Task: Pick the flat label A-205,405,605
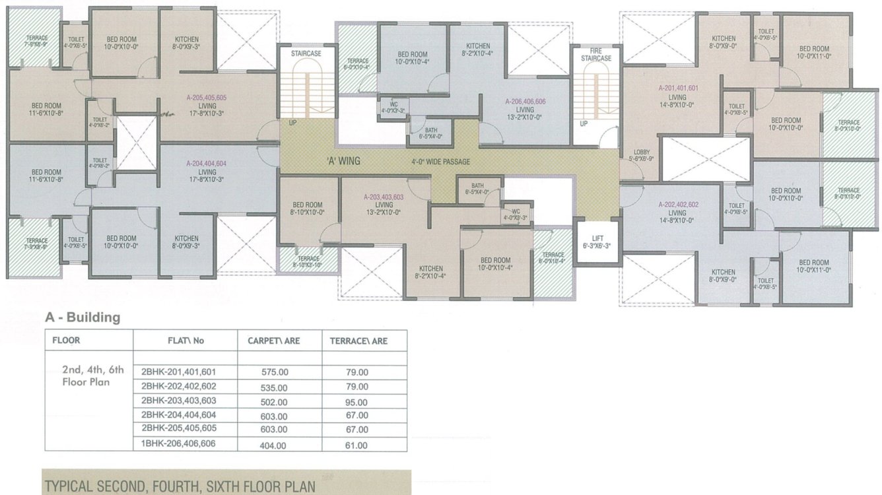click(x=207, y=98)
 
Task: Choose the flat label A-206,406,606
click(x=525, y=102)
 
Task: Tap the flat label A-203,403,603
click(x=384, y=197)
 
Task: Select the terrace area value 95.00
click(x=357, y=402)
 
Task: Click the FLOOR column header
click(x=66, y=341)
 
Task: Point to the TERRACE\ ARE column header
click(x=358, y=341)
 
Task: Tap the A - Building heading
click(x=83, y=317)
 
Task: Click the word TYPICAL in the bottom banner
click(x=71, y=486)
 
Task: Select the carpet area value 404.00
click(x=274, y=445)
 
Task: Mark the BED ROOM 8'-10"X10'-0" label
click(x=308, y=209)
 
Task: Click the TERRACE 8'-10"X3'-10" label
click(x=308, y=262)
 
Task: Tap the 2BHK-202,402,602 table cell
click(x=178, y=386)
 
